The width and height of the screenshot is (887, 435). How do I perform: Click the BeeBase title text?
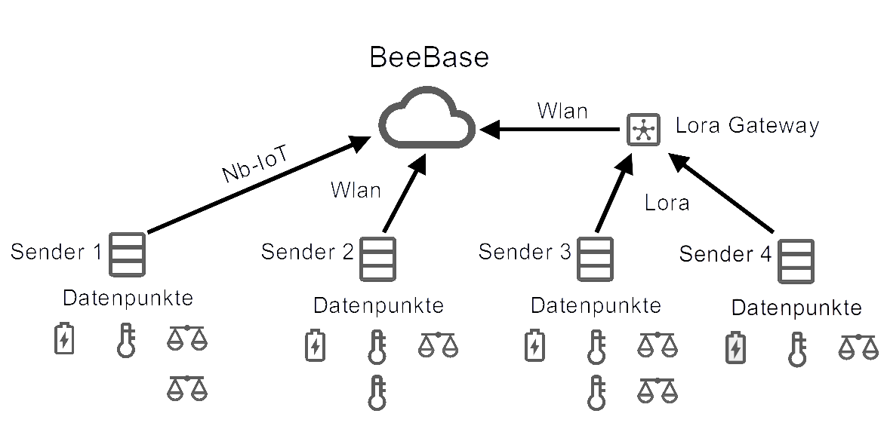[x=430, y=57]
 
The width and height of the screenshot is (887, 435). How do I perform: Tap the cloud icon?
[x=427, y=117]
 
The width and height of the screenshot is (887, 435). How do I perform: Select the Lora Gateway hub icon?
[x=644, y=130]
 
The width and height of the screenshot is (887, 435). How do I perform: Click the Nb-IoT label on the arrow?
[x=255, y=164]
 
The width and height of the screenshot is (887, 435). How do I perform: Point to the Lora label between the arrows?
[x=667, y=203]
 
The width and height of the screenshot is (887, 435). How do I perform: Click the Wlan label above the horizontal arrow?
[x=563, y=111]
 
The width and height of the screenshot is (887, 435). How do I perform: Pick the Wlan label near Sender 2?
[x=356, y=190]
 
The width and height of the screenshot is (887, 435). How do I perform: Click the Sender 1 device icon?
[x=127, y=254]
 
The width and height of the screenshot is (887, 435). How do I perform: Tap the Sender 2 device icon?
[x=377, y=259]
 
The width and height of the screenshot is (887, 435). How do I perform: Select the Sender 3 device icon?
[x=595, y=259]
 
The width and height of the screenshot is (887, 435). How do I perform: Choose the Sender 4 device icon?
[x=796, y=261]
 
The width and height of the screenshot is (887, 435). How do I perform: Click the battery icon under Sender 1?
[x=64, y=339]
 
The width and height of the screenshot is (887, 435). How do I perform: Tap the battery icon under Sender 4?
[x=735, y=348]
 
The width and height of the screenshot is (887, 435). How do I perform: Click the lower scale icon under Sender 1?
[x=187, y=388]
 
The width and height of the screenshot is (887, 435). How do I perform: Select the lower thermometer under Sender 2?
[x=376, y=394]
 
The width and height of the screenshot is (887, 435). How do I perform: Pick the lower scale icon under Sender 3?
[x=658, y=391]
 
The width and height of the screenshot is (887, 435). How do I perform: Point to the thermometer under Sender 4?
[x=797, y=350]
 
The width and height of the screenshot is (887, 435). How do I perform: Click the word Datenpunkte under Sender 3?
[x=596, y=305]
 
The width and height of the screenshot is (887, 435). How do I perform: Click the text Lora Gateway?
[x=747, y=125]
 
